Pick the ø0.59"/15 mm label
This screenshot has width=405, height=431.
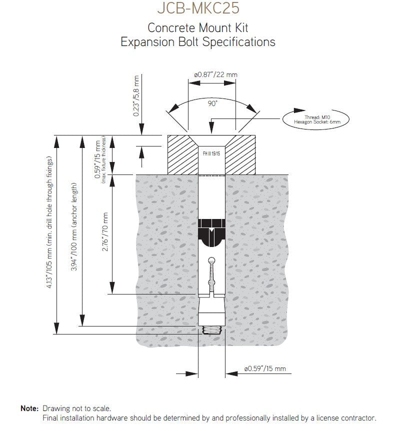click(265, 369)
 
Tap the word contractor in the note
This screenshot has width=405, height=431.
click(358, 417)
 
